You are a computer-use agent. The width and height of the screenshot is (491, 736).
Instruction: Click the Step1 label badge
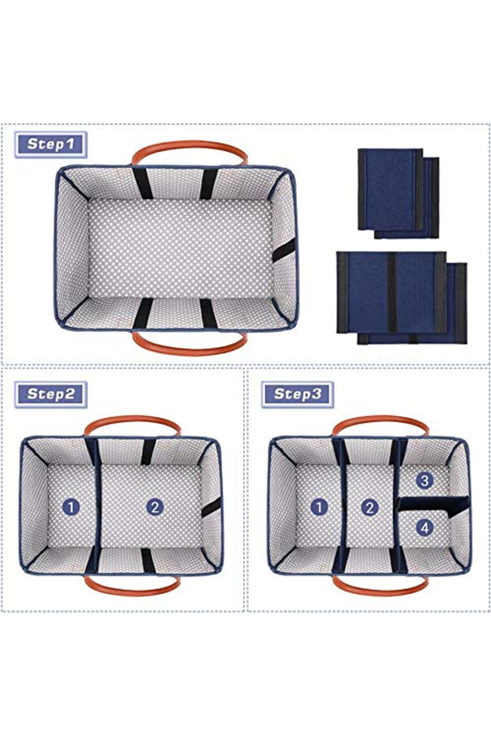click(51, 144)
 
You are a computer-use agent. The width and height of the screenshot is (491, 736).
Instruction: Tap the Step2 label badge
click(51, 394)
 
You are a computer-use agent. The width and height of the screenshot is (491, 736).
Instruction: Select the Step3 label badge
click(297, 394)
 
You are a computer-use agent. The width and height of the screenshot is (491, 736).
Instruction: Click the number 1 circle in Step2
click(71, 507)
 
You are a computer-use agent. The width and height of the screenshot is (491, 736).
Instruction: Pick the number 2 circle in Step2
click(155, 507)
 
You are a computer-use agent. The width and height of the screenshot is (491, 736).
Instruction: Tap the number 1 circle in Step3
click(319, 507)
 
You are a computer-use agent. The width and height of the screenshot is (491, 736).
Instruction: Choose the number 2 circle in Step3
click(370, 507)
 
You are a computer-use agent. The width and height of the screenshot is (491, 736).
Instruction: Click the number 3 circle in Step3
click(425, 480)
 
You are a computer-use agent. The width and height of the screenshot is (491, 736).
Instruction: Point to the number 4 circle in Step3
click(425, 527)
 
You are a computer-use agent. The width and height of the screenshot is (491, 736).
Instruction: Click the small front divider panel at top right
click(390, 189)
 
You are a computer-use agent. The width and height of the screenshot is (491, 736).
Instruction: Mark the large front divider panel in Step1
click(392, 292)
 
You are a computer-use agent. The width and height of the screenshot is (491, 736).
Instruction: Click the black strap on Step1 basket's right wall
click(284, 250)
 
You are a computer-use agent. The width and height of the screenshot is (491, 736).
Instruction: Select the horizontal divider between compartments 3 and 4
click(434, 505)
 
